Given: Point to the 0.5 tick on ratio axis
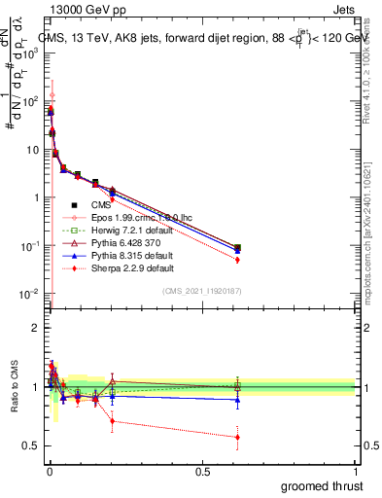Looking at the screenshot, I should click(31, 445).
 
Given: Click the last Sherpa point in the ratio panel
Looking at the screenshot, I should click(237, 437).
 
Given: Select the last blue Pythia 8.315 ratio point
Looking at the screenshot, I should click(237, 401).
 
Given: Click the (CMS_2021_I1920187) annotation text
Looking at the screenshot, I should click(201, 291).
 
